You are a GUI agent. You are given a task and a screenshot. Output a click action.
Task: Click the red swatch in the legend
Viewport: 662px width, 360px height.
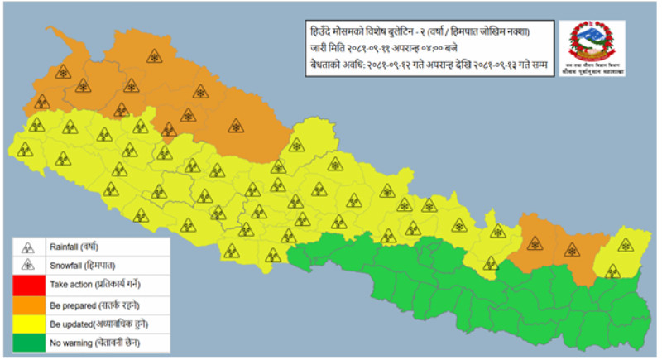28,284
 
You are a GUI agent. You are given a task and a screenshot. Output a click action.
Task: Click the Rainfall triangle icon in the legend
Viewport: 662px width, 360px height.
28,247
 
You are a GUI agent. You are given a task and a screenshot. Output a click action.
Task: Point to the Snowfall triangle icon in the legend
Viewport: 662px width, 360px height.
28,265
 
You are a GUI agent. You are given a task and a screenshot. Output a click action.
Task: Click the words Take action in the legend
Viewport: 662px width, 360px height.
70,284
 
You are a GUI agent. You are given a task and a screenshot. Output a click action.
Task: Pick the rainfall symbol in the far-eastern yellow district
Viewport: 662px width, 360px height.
612,271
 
